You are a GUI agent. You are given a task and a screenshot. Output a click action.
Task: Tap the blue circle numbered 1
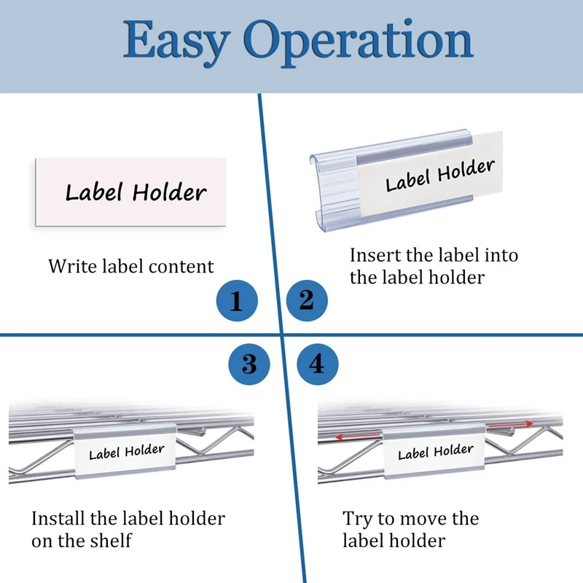pos(237,300)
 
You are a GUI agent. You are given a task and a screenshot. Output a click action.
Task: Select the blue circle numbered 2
pos(307,300)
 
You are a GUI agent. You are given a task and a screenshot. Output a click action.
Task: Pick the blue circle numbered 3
pos(249,364)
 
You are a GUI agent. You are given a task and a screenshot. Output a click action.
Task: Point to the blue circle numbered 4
pos(318,364)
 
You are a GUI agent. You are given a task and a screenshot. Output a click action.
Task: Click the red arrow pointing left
pos(358,436)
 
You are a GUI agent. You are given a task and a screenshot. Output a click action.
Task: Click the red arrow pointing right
pos(510,425)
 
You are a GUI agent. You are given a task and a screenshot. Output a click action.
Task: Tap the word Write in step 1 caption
pos(72,266)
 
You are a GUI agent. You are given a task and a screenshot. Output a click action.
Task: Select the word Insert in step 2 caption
pos(375,255)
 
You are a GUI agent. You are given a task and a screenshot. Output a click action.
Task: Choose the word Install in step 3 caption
pos(58,518)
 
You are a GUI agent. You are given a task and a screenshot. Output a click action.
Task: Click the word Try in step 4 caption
pos(357,520)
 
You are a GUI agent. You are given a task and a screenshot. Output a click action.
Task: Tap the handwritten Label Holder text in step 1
pos(136,192)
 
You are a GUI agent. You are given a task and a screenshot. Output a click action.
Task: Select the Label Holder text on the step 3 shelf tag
pos(127,452)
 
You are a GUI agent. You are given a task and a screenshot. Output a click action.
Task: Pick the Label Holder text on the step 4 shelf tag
pos(436,452)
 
